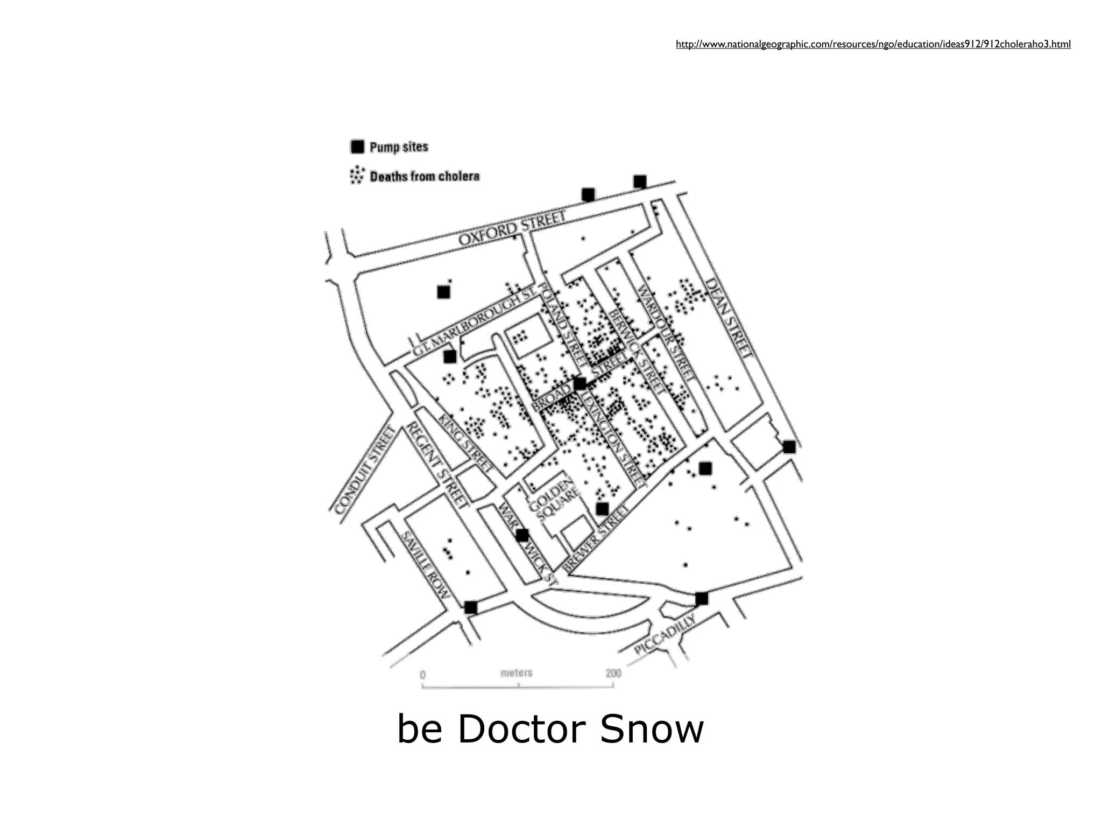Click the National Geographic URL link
tap(873, 44)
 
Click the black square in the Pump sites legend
tap(357, 146)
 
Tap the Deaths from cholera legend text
tap(425, 176)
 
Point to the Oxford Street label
tap(512, 229)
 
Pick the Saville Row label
tap(426, 566)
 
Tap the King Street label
tap(466, 443)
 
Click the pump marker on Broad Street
tap(580, 384)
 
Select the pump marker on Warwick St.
tap(522, 535)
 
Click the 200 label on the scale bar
tap(613, 673)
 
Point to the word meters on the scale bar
tap(516, 672)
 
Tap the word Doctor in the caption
tap(521, 729)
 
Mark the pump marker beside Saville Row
tap(470, 607)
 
